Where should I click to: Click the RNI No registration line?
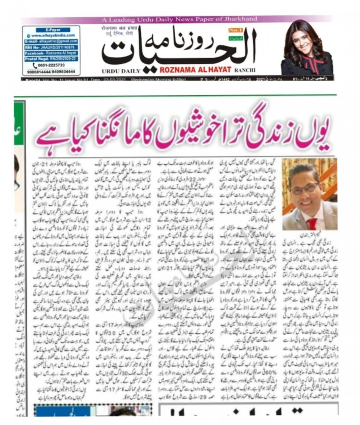[51, 47]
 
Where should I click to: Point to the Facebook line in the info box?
[51, 53]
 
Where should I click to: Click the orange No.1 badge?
[233, 31]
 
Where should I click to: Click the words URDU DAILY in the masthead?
[121, 70]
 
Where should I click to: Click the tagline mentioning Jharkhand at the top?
[179, 19]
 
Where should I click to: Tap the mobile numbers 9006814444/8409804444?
[51, 71]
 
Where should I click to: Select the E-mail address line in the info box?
[51, 41]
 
